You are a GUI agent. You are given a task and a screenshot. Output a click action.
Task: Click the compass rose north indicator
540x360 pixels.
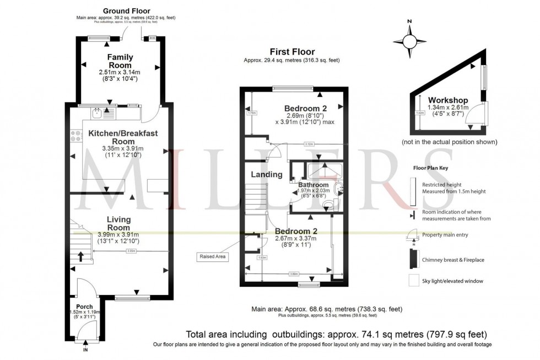(x=409, y=41)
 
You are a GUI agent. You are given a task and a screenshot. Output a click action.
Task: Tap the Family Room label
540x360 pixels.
(x=120, y=61)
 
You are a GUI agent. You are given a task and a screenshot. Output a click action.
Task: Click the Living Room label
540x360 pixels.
(x=119, y=223)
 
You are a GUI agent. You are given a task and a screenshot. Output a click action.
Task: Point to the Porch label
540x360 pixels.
(x=84, y=307)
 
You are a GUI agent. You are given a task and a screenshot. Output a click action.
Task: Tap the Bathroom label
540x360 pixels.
(x=314, y=185)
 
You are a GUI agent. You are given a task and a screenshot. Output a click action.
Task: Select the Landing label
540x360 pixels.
(x=267, y=175)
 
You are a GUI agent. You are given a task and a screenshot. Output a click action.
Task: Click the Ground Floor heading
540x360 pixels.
(x=126, y=10)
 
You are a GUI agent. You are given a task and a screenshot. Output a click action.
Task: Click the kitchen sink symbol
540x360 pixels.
(x=98, y=113)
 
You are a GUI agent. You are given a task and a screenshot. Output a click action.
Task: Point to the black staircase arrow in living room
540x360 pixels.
(x=80, y=256)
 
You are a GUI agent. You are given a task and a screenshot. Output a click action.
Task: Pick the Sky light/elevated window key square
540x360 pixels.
(x=413, y=281)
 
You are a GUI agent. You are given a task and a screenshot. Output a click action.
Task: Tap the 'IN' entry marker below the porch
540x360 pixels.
(x=85, y=350)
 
